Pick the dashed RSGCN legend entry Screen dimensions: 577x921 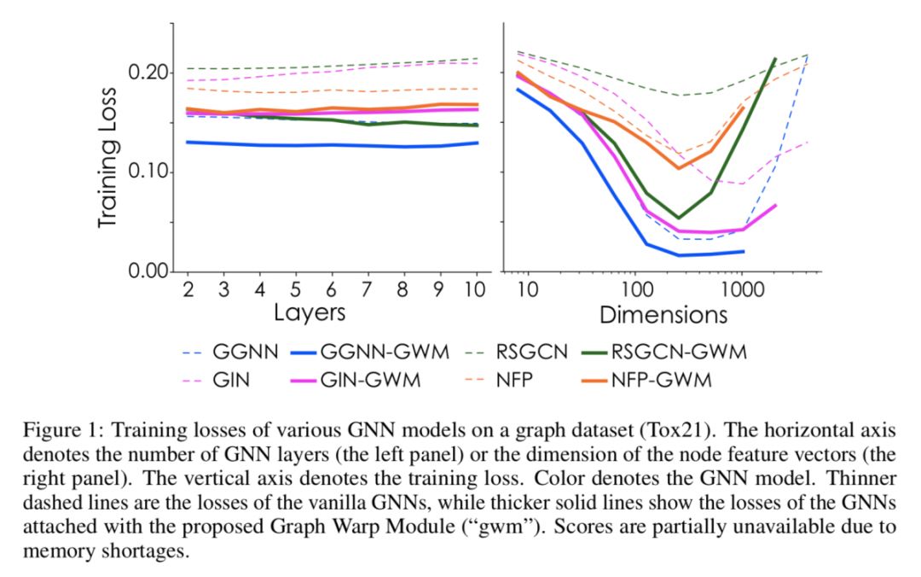pos(524,352)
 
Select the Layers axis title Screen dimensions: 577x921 pos(310,313)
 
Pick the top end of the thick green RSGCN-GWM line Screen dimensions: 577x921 pos(775,59)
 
